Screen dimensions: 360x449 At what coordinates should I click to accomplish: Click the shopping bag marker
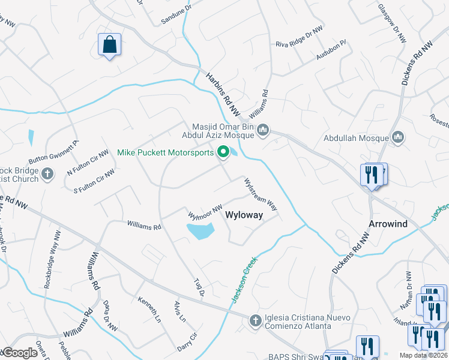pyautogui.click(x=109, y=44)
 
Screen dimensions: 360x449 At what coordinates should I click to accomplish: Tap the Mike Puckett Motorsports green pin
pyautogui.click(x=223, y=152)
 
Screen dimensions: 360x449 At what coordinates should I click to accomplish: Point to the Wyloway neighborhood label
pyautogui.click(x=244, y=215)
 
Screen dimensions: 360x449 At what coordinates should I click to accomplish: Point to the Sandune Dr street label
pyautogui.click(x=175, y=15)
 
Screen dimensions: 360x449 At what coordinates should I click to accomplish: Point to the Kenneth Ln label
pyautogui.click(x=149, y=310)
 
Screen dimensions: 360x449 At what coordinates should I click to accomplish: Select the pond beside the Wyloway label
pyautogui.click(x=200, y=230)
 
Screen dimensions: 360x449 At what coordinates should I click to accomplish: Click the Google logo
pyautogui.click(x=20, y=353)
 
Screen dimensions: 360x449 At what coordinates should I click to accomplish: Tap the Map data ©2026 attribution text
pyautogui.click(x=423, y=355)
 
